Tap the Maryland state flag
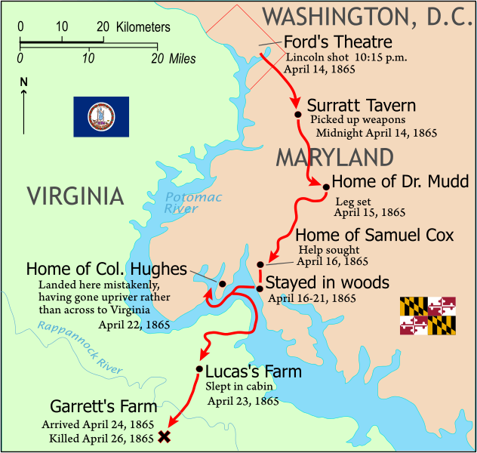point(428,316)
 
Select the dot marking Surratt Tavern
point(298,115)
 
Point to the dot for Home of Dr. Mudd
point(326,186)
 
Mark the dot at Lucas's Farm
point(199,369)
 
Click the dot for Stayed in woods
point(260,288)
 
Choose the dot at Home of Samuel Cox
point(260,264)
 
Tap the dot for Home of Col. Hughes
point(223,283)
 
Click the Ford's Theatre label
point(338,42)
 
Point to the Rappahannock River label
point(79,346)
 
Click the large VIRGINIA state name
point(75,196)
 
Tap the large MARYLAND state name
point(334,157)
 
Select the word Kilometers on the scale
point(143,27)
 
